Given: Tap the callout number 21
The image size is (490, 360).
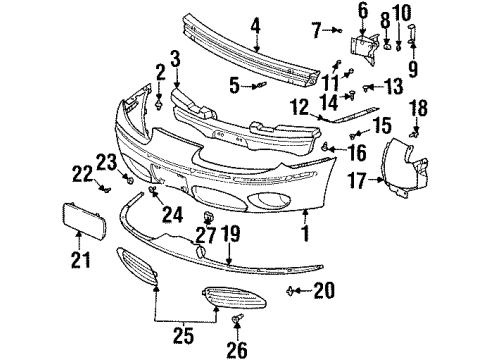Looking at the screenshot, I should click(x=80, y=262).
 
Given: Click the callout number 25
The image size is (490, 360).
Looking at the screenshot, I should click(x=185, y=331).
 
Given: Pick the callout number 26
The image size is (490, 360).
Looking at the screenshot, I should click(x=237, y=349).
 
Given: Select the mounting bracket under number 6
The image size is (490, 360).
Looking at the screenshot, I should click(x=363, y=46).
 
